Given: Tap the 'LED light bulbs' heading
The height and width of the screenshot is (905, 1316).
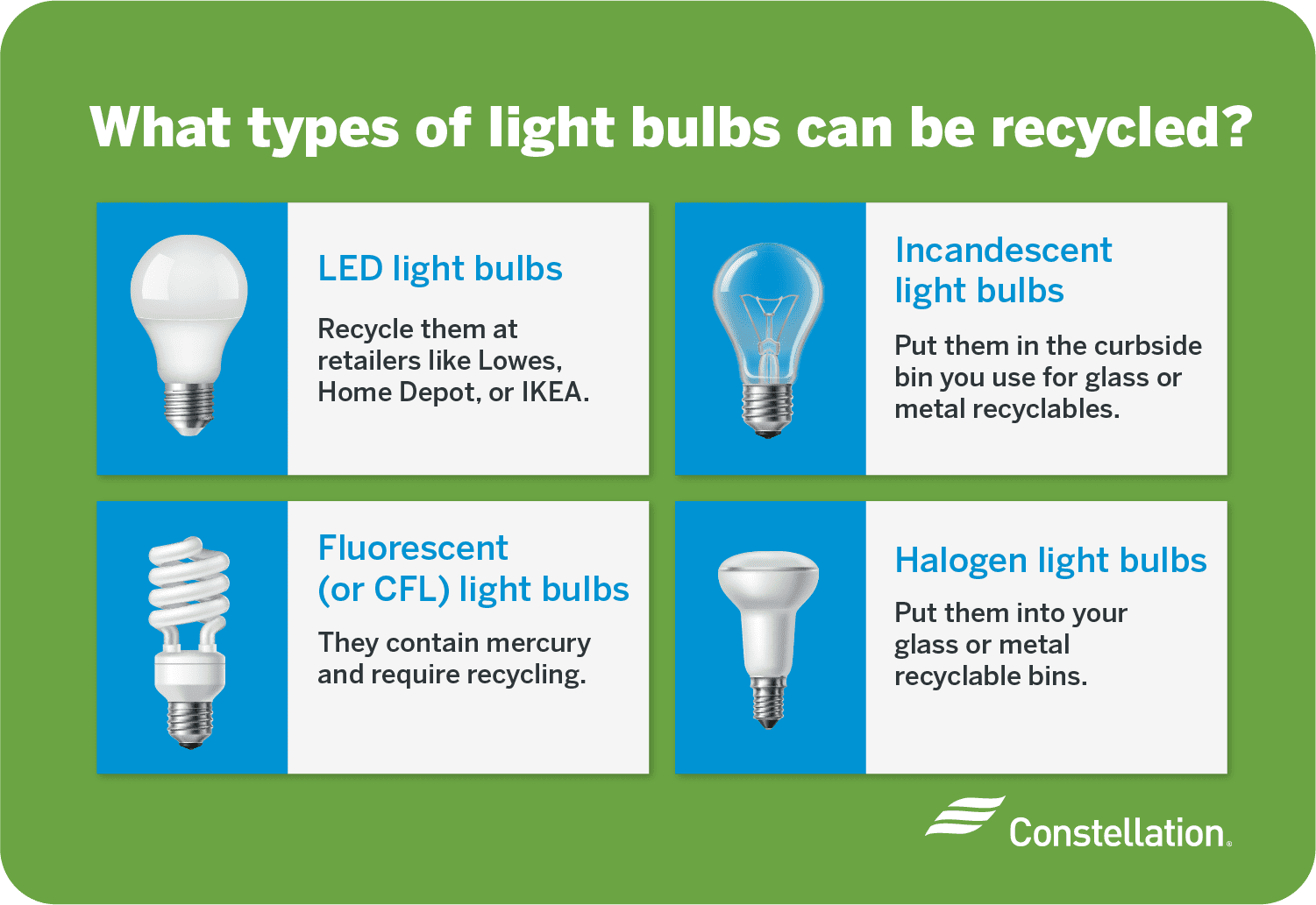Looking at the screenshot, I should (440, 269).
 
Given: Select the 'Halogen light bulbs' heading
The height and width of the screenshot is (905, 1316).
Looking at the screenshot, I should (1050, 561).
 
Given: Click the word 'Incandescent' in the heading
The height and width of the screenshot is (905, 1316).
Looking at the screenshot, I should (1003, 251).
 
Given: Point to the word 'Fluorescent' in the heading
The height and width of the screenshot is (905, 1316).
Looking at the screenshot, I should (413, 548).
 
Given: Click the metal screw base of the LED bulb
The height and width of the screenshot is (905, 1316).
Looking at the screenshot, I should (189, 407).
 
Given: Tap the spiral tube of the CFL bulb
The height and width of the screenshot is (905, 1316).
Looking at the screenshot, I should (189, 583).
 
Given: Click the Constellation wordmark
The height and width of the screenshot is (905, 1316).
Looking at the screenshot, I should (1117, 833).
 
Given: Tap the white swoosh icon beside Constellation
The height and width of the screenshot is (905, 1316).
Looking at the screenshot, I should (964, 817).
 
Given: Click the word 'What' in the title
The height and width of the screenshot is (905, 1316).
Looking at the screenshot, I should (160, 130).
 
